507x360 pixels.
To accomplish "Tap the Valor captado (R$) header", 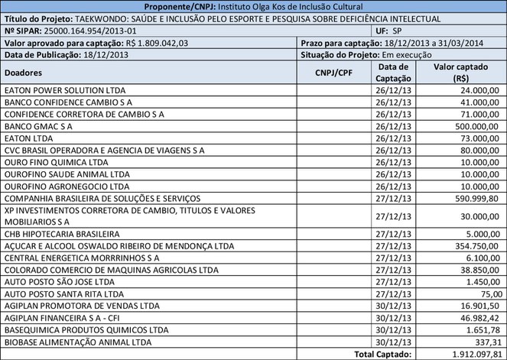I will pos(460,73).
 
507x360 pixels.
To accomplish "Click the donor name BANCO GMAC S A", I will pos(39,125).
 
